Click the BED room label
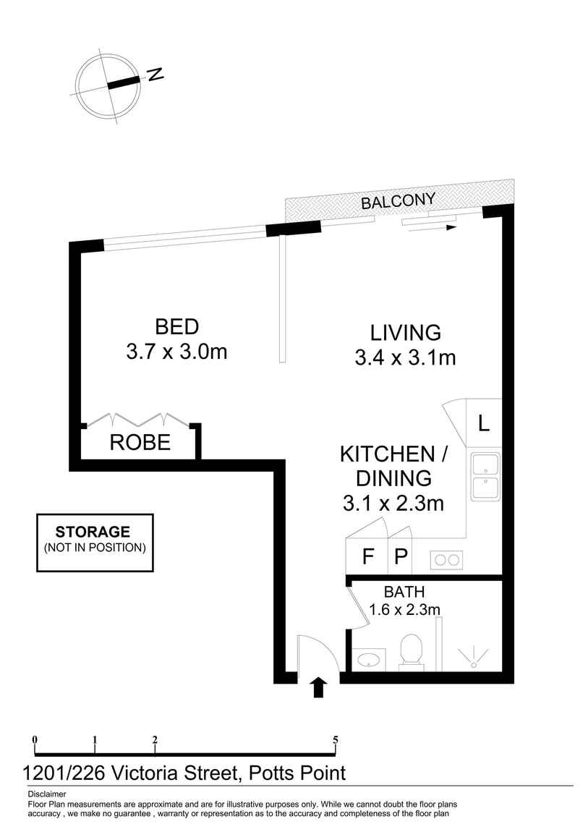pos(176,326)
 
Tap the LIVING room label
pos(406,333)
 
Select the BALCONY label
pos(399,200)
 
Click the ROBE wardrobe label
pos(140,442)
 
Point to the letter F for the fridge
pos(367,556)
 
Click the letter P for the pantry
pos(401,556)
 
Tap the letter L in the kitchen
pos(483,423)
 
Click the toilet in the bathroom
pos(412,650)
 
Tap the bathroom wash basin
pos(368,660)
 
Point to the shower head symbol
pos(474,658)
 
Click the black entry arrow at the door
pos(318,687)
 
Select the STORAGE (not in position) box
pos(95,543)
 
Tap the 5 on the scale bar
pos(335,739)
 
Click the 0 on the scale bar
pos(35,739)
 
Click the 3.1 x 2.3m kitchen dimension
pos(393,503)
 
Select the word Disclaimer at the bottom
pos(47,794)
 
